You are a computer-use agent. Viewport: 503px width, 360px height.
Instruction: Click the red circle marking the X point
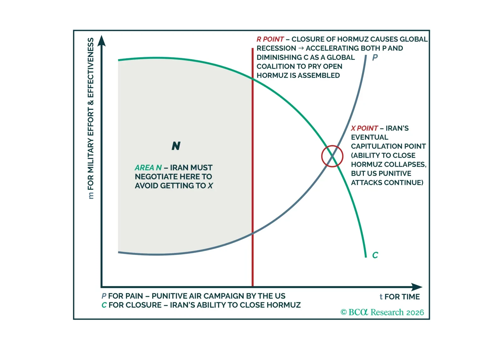[332, 156]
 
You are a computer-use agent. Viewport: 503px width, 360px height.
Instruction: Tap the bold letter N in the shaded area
[176, 146]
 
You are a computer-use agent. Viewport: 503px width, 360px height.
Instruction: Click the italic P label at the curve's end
[375, 58]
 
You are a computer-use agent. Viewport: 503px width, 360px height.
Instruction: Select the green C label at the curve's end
[375, 255]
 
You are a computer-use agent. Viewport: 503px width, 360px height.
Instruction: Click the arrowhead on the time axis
[417, 287]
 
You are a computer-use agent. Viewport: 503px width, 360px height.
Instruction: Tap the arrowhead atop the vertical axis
[101, 41]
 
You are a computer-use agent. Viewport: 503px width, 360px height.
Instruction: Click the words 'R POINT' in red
[270, 39]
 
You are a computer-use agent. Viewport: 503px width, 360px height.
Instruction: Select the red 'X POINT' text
[364, 128]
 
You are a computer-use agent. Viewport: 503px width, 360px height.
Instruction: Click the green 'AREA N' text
[148, 168]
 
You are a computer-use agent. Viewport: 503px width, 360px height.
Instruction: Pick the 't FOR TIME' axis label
[400, 297]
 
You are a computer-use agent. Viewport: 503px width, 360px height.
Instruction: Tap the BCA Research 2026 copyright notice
[382, 312]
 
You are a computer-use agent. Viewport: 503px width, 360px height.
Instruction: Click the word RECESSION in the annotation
[276, 48]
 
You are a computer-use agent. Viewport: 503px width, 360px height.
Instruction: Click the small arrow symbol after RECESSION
[301, 48]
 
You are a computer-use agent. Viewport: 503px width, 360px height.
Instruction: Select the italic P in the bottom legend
[104, 296]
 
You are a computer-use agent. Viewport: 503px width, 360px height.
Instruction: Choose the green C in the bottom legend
[104, 305]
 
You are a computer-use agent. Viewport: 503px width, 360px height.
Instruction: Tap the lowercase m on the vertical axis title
[91, 196]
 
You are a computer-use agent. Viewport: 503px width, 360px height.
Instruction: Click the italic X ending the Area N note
[210, 186]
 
